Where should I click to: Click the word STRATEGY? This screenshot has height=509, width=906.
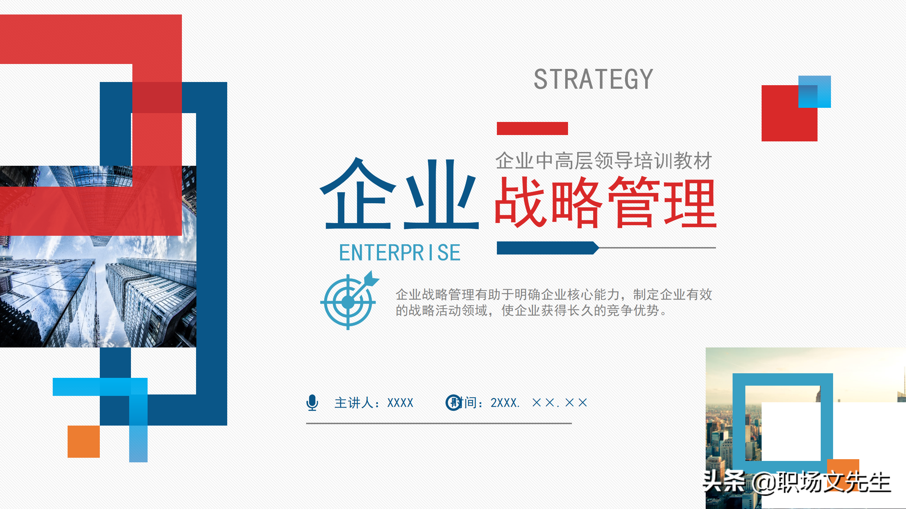[593, 80]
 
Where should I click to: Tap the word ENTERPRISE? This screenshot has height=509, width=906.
[400, 253]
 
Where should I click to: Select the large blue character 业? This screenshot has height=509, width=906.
[441, 194]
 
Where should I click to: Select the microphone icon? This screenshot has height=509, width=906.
[312, 403]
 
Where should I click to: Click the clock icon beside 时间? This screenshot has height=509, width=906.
[453, 403]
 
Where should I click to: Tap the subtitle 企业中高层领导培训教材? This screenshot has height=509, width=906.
[603, 161]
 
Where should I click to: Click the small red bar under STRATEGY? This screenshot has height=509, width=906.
[532, 128]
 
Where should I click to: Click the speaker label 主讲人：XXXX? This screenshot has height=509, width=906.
[374, 403]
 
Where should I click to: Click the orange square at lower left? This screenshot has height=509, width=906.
[84, 441]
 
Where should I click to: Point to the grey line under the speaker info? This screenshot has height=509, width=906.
[439, 423]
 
